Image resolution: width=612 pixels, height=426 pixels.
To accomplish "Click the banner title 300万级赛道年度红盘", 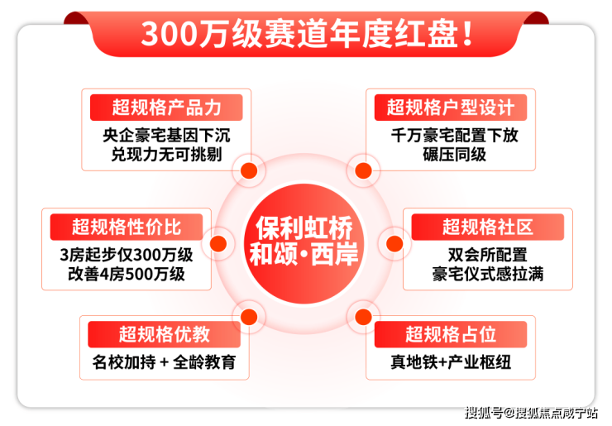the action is click(x=307, y=34).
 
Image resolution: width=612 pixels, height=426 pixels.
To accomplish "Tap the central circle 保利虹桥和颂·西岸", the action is click(x=304, y=243).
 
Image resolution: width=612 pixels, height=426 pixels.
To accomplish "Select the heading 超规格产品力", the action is click(x=167, y=108).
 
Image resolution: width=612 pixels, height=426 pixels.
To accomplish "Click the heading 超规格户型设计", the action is click(x=451, y=108).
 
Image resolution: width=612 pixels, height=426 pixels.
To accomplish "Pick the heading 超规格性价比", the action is click(x=127, y=227).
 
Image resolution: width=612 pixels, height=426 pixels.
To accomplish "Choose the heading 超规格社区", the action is click(x=487, y=227).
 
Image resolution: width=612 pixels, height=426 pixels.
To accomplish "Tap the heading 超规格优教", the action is click(x=165, y=334).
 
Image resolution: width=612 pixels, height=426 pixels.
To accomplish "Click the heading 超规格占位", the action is click(x=451, y=334).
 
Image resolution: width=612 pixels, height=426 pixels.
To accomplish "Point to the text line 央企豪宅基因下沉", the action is click(x=167, y=136).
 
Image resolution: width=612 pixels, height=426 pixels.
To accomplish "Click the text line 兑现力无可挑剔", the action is click(x=167, y=155).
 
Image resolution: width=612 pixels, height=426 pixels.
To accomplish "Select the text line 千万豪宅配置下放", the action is click(x=455, y=136).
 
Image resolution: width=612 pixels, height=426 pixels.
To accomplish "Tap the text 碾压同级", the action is click(x=455, y=155).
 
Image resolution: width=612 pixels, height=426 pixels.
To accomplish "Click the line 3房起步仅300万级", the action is click(x=127, y=255).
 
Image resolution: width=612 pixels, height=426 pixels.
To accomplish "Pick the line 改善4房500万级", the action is click(x=127, y=274).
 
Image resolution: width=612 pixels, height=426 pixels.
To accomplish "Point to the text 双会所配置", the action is click(x=487, y=255).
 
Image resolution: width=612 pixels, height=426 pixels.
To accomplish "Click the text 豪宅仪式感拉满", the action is click(x=487, y=274).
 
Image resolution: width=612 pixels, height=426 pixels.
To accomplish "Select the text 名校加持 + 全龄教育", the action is click(x=165, y=362).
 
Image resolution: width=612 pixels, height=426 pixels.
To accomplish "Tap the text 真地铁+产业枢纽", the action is click(x=451, y=362).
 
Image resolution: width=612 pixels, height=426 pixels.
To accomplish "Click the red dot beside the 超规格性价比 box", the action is click(x=218, y=244).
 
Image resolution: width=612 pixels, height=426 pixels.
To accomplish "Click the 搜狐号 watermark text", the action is click(x=484, y=413).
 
